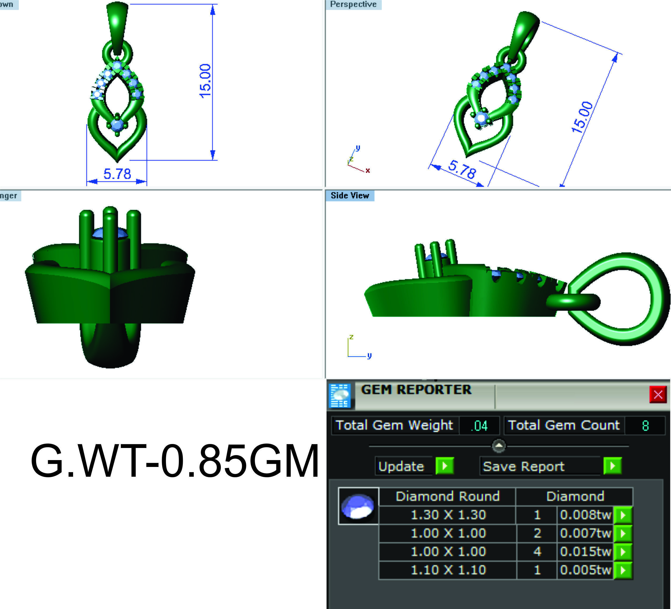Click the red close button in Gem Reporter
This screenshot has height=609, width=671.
tap(658, 395)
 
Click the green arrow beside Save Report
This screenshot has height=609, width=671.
tap(612, 466)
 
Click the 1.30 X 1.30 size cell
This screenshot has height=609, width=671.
tap(448, 515)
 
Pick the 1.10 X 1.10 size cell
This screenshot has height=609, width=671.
tap(448, 570)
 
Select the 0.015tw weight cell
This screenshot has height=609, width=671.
tap(585, 552)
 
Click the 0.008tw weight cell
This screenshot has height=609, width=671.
tap(585, 515)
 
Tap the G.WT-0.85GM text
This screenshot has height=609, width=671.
tap(174, 461)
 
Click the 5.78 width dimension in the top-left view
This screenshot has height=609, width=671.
tap(117, 174)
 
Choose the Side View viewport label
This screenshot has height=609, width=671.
tap(349, 196)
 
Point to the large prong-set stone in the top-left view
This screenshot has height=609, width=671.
tap(117, 125)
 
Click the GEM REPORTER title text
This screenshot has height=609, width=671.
tap(416, 389)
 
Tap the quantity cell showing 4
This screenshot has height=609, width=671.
tap(537, 552)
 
